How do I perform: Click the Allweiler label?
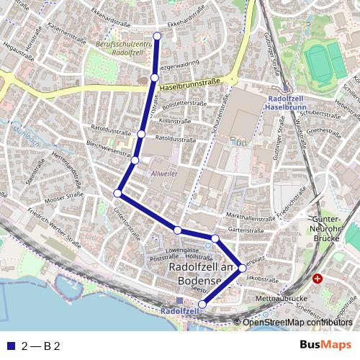point(163,174)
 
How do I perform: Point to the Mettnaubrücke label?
point(287,297)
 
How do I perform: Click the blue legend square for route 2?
point(10,346)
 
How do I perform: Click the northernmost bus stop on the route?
point(158,35)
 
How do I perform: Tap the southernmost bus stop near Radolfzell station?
point(202,305)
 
